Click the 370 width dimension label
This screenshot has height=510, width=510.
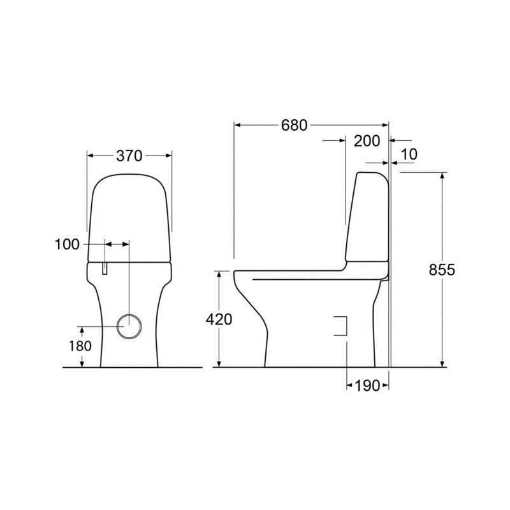tap(129, 156)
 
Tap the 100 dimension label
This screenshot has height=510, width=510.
tap(67, 244)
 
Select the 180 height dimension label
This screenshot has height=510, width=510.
tap(80, 346)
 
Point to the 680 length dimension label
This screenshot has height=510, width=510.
tap(294, 125)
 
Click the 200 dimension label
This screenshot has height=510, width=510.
tap(367, 141)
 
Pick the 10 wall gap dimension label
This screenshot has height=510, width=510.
tap(409, 154)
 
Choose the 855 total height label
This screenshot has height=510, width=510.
tap(442, 270)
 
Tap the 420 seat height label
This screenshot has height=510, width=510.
tap(219, 319)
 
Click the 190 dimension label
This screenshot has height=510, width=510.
tap(367, 386)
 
